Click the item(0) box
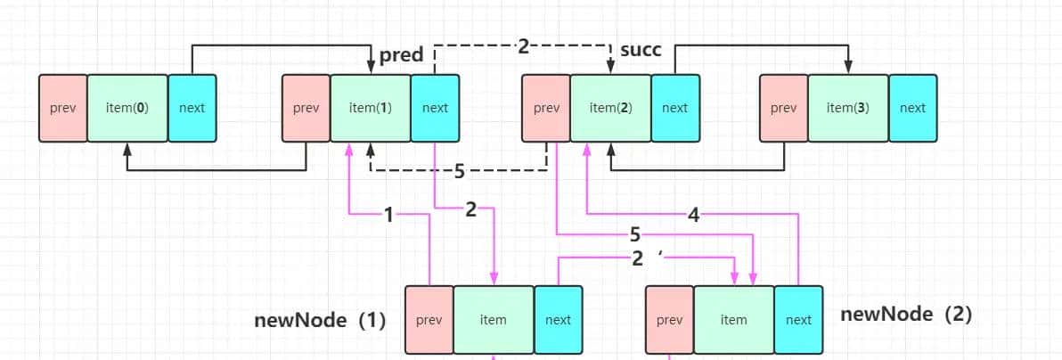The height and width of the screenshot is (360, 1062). (127, 108)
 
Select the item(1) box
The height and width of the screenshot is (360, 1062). (370, 108)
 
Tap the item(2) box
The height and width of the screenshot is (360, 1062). (610, 108)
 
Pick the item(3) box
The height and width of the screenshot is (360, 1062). (848, 108)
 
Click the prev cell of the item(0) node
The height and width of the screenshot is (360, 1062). (62, 108)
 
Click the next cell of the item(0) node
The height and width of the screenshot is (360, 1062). (192, 108)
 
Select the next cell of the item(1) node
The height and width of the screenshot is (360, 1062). (435, 108)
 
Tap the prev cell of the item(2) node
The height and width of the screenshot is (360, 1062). (545, 108)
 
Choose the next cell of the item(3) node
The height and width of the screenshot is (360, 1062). (912, 108)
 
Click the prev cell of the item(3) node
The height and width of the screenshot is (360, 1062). (783, 108)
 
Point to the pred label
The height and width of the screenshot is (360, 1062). (401, 55)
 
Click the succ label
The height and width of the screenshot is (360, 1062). (641, 50)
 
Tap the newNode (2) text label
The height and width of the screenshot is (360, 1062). (906, 314)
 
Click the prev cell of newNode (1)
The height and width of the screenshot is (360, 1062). (429, 320)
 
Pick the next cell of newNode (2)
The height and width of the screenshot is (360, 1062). (798, 320)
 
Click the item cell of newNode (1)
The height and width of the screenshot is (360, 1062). (493, 320)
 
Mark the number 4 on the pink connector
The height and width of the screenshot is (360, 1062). (694, 215)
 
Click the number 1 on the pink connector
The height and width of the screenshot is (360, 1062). (388, 215)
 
